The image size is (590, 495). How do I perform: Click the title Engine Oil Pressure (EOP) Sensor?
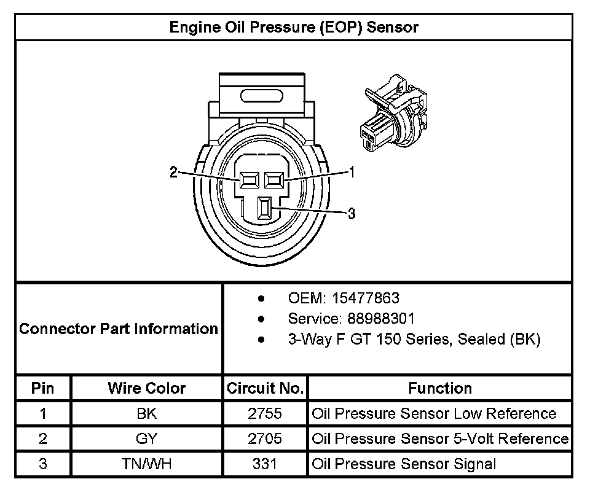294,27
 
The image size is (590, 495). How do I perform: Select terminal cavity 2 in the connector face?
249,179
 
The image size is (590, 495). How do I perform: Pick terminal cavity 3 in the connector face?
265,209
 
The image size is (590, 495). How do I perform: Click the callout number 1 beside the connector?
352,172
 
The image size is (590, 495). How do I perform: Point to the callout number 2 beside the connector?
174,173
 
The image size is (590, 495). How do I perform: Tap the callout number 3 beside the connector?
352,214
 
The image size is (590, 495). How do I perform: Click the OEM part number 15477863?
365,298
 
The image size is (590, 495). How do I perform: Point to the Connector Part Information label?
119,329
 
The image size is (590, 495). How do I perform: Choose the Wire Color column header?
147,388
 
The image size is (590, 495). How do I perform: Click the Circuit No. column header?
265,388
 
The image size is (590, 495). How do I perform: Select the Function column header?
440,388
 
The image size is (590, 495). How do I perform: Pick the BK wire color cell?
147,413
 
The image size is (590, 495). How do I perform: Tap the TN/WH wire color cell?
147,464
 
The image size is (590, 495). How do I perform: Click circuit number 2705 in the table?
265,438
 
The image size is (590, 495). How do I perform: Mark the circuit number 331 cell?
265,464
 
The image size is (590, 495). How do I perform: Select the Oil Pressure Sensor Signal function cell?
404,464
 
